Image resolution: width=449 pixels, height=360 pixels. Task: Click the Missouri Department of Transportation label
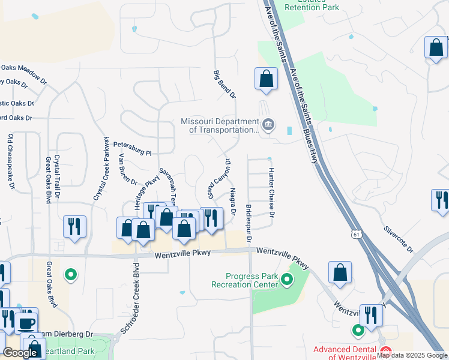click(x=219, y=126)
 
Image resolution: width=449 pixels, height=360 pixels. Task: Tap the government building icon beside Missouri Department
click(x=268, y=125)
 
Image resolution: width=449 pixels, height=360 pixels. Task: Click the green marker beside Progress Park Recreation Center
click(x=287, y=280)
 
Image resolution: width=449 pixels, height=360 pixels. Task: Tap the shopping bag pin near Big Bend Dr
click(x=266, y=79)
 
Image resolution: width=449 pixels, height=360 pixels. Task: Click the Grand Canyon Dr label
click(x=220, y=181)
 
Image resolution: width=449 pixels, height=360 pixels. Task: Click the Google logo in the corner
click(x=20, y=353)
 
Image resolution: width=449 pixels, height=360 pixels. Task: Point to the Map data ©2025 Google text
click(x=412, y=355)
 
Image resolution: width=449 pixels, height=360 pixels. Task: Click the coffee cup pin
click(x=25, y=322)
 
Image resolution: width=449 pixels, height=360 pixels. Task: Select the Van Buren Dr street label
click(x=128, y=169)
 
